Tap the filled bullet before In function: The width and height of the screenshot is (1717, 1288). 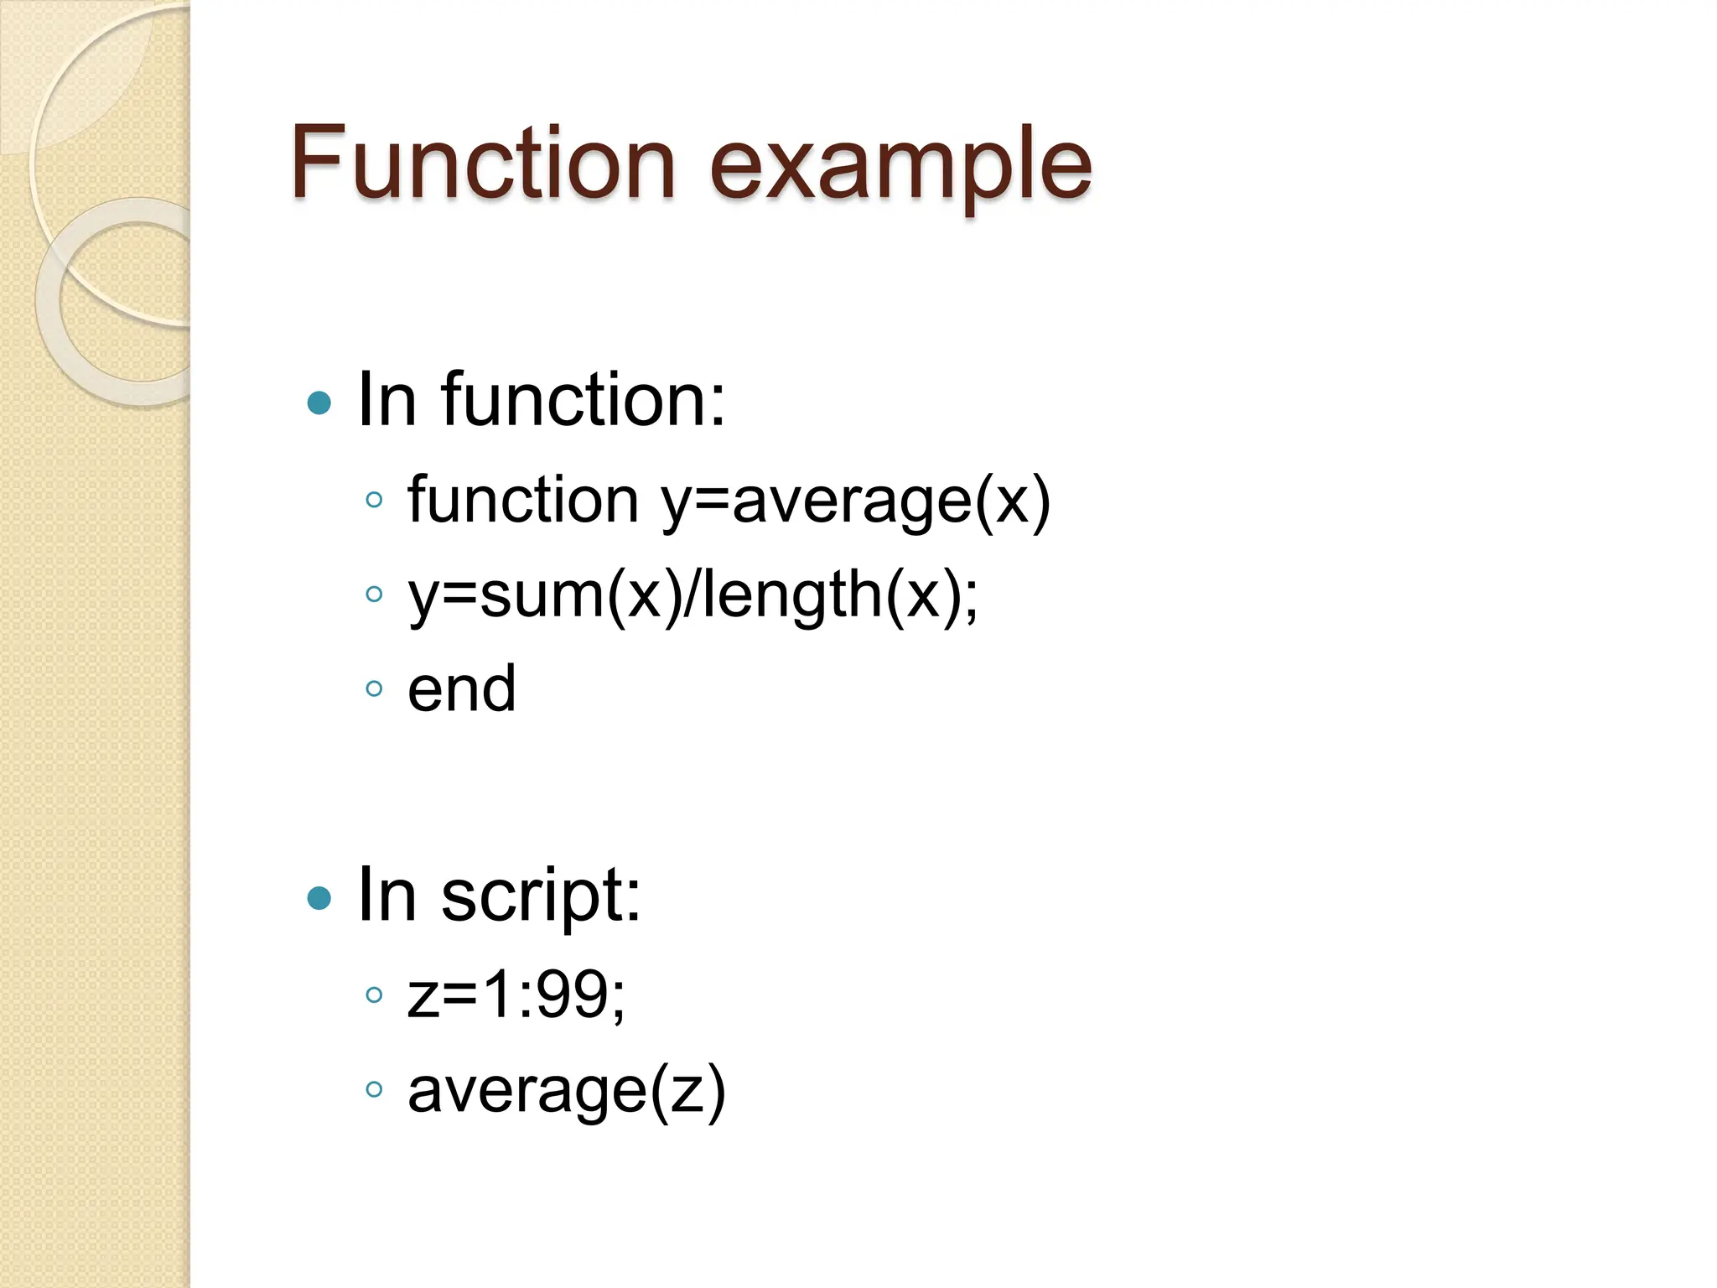point(319,403)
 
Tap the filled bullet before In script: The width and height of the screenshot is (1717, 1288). point(319,898)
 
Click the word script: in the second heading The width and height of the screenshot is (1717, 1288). point(541,896)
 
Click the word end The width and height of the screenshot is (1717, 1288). point(461,689)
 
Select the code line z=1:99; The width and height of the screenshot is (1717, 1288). point(516,995)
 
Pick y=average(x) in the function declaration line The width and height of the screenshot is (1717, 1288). point(855,501)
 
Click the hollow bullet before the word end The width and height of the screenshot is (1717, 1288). point(375,689)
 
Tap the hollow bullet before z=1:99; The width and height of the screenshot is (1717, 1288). point(375,995)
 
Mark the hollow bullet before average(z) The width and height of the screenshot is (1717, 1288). point(375,1090)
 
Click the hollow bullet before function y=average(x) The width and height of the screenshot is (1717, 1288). point(375,501)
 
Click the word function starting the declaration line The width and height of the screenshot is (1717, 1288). point(523,500)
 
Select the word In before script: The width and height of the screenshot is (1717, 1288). point(386,896)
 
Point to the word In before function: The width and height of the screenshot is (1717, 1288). point(386,400)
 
